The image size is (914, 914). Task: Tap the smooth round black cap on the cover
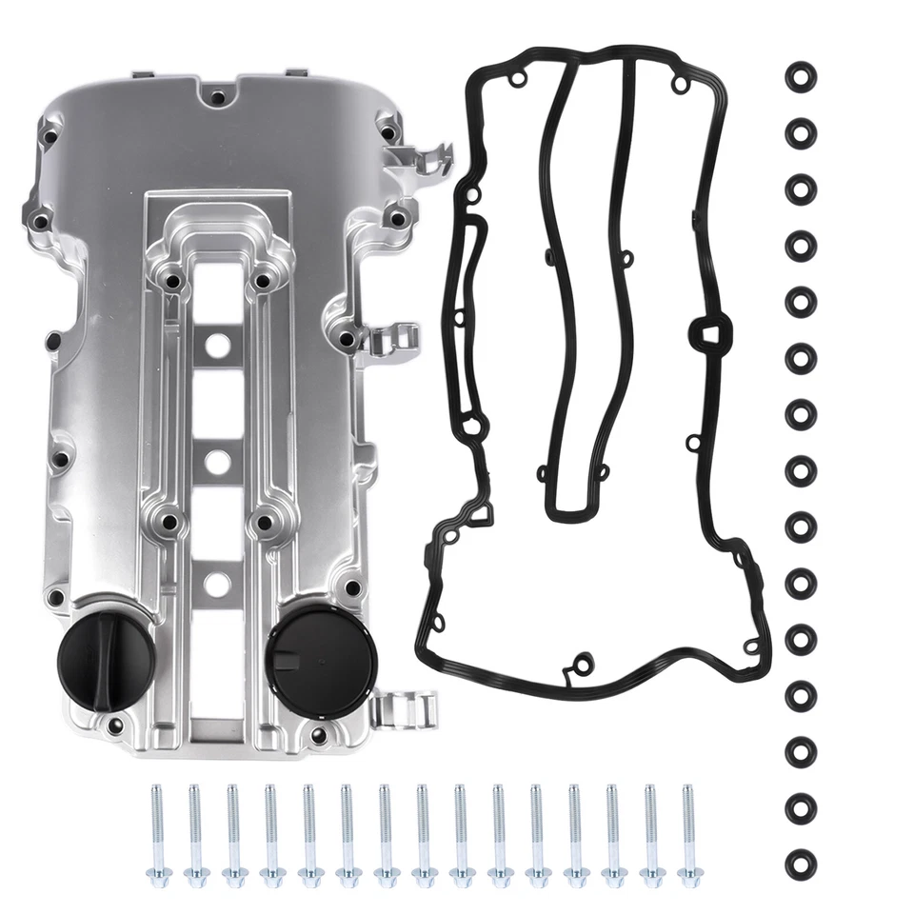click(x=309, y=652)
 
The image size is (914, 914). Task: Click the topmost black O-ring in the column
click(x=801, y=76)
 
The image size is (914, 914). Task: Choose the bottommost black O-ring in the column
click(x=801, y=864)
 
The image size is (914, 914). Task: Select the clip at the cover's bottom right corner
click(x=405, y=708)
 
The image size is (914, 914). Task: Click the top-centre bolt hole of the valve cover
click(x=218, y=97)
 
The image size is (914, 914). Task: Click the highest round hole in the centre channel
click(x=218, y=344)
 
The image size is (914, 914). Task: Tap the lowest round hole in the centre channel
click(x=218, y=584)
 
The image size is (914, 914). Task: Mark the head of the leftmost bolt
click(x=156, y=875)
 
